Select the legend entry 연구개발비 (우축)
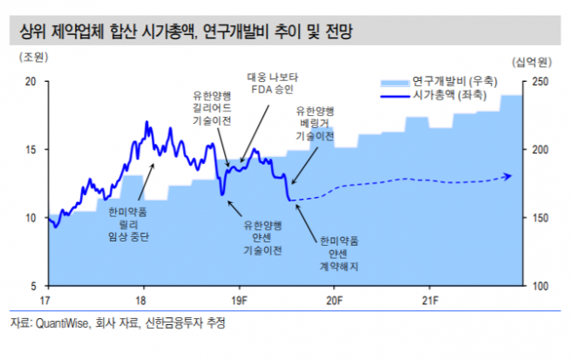pos(454,79)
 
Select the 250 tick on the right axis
pos(539,82)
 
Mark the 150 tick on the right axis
pos(539,218)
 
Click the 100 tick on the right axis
pos(539,286)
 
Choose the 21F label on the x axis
pos(428,301)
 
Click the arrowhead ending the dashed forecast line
pos(509,177)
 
